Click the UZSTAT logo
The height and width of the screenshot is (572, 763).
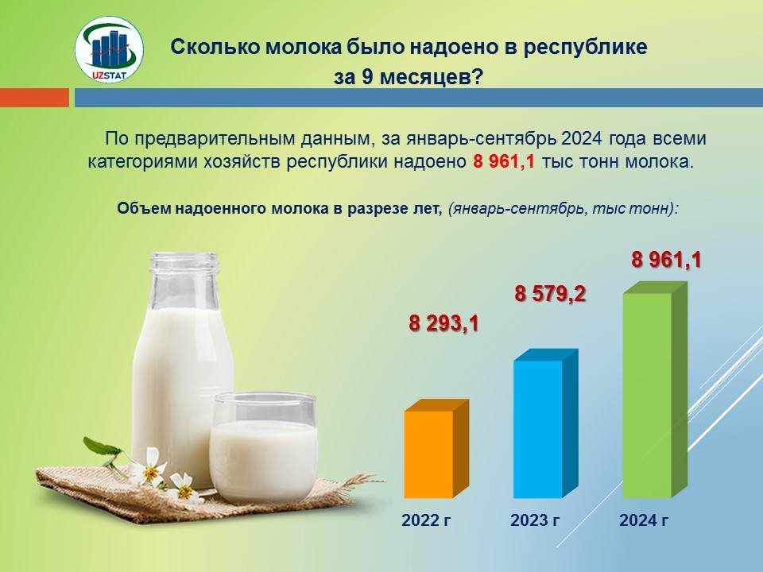pos(109,49)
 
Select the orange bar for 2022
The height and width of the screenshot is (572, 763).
pos(436,449)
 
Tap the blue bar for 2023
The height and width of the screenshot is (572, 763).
pos(545,423)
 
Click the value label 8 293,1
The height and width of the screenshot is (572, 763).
pos(443,323)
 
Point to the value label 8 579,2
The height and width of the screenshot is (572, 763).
pos(550,294)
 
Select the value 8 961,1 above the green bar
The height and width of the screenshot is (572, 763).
pos(666,260)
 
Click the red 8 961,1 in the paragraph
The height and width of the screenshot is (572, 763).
pos(504,161)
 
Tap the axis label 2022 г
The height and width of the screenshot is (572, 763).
pos(426,520)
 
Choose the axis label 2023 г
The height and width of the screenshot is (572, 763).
pos(535,520)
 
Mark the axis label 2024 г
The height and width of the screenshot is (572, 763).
pos(644,520)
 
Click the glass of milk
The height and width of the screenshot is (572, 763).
pos(264,447)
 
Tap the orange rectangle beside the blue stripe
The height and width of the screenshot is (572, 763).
pos(34,97)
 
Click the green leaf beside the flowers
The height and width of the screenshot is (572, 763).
pos(101,446)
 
